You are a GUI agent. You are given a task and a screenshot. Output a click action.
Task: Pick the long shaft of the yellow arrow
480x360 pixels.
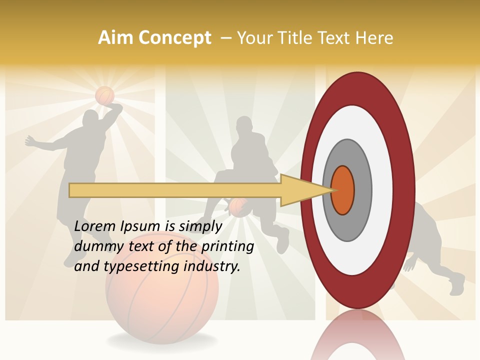click(x=175, y=190)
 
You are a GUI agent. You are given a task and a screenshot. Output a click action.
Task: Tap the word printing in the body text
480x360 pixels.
click(x=227, y=246)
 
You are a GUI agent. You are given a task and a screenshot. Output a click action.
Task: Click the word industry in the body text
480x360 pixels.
click(x=212, y=266)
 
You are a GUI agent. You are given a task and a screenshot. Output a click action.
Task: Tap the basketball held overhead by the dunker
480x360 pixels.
click(x=104, y=95)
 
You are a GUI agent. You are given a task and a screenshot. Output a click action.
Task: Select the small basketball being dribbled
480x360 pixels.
click(x=239, y=207)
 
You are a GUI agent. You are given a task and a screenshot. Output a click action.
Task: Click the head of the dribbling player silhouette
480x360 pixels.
click(x=244, y=126)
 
